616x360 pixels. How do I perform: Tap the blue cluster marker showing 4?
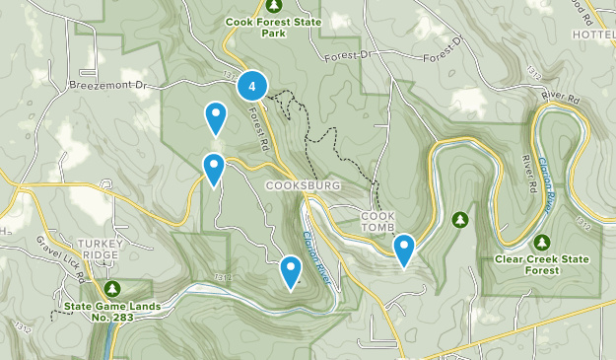click(x=253, y=87)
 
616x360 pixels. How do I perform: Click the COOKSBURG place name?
click(x=303, y=184)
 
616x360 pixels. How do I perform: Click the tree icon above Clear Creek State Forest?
click(x=541, y=242)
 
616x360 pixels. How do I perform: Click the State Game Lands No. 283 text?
click(x=111, y=312)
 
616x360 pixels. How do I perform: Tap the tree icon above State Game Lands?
click(x=112, y=288)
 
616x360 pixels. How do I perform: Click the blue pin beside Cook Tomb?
click(x=403, y=249)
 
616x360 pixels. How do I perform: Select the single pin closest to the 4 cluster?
click(x=216, y=117)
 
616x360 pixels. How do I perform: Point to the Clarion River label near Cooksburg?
click(x=322, y=252)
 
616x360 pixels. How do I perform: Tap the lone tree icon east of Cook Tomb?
click(x=458, y=218)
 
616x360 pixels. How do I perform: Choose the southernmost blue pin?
click(x=291, y=271)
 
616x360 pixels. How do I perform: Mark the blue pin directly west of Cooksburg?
click(x=213, y=169)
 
